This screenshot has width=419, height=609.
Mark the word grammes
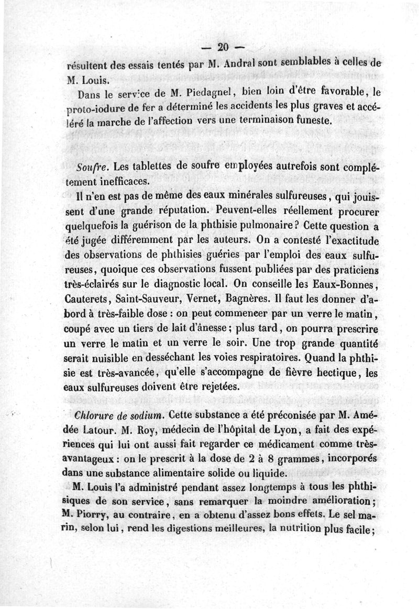[x=296, y=459]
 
